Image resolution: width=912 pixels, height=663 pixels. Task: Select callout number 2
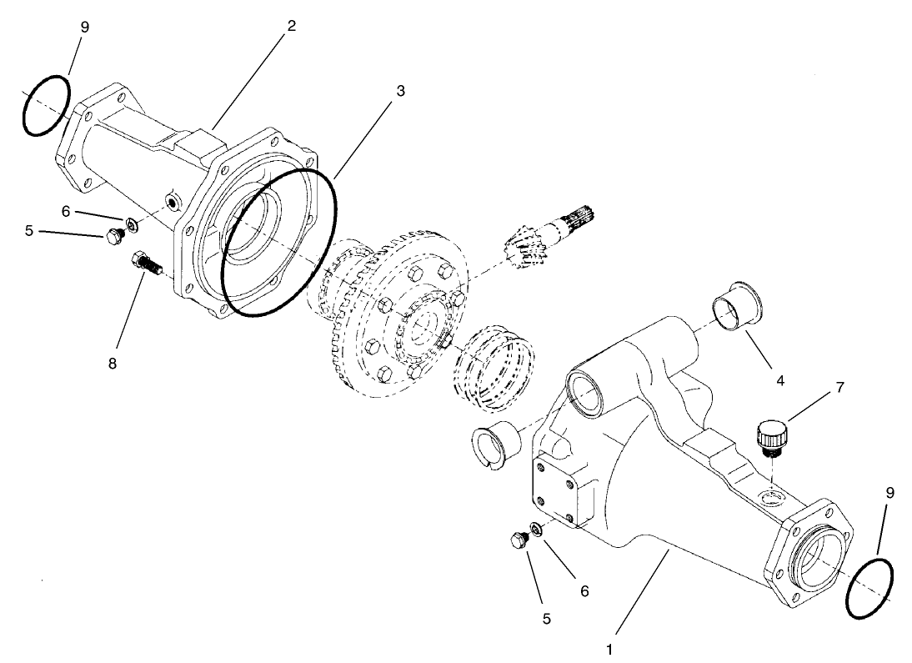[291, 26]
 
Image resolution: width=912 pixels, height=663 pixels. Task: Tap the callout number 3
[400, 90]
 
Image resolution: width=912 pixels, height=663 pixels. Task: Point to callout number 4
[780, 382]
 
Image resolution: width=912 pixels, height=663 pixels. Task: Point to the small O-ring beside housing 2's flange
[47, 105]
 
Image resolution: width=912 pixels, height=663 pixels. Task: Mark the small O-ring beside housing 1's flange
[869, 589]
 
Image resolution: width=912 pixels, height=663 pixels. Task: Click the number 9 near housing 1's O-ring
[889, 493]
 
